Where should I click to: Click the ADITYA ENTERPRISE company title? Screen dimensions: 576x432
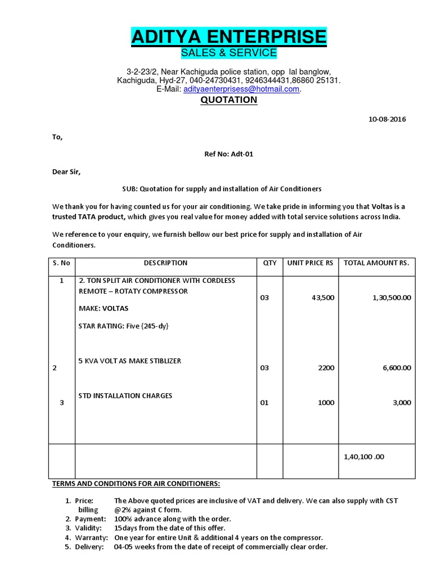228,37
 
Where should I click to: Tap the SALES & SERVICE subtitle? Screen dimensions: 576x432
228,53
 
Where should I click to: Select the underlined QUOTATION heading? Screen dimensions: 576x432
229,100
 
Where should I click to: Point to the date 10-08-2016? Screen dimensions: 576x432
387,119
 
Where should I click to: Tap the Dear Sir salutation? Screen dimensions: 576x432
66,172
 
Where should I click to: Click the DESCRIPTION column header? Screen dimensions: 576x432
165,263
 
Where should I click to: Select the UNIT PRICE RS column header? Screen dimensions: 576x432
310,263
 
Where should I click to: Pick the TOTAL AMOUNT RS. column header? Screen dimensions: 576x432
376,263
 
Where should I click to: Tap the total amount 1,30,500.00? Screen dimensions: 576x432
391,298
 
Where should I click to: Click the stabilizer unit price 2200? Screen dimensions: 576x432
325,368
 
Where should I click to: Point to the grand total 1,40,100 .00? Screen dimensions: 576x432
364,457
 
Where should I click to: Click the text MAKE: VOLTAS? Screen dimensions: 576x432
103,308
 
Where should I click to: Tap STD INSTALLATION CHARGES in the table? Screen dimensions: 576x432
125,395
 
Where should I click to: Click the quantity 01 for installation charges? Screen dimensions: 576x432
265,403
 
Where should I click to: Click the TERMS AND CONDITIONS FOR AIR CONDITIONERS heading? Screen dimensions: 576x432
136,483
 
